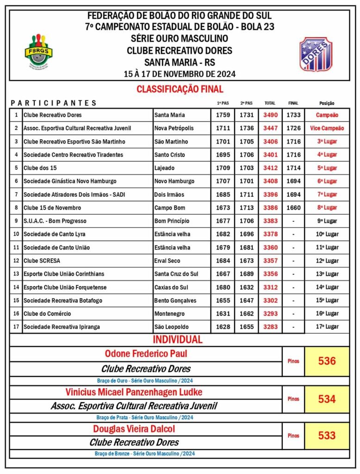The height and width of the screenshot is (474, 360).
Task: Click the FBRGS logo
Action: coord(38,50)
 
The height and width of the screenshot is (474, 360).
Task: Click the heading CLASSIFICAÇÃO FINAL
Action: coord(180,89)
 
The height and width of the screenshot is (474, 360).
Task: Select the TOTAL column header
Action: coord(270,103)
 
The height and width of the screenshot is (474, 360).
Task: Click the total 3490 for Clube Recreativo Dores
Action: coord(271,115)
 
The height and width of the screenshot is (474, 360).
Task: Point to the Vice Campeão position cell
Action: coord(327,128)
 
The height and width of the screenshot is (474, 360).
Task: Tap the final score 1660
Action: coord(293,208)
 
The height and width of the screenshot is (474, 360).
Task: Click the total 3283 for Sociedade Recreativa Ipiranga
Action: coord(271,327)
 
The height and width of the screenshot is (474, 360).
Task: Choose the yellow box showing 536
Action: coord(327,361)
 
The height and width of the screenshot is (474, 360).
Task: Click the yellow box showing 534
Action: coord(327,399)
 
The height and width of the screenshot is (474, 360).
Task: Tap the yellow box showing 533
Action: coord(327,436)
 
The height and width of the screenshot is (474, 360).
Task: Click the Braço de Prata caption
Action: coord(146,418)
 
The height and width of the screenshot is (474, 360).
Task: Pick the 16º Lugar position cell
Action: coord(327,314)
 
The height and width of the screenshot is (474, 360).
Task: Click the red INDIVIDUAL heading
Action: coord(178,340)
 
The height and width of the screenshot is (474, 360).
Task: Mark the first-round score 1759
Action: coord(223,115)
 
